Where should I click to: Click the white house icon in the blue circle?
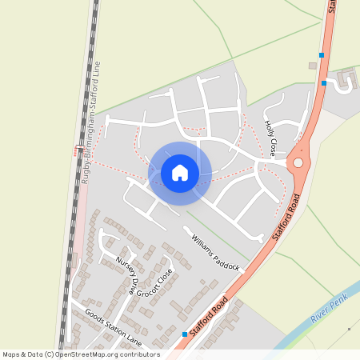(180, 172)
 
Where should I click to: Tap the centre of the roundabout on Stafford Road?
(298, 162)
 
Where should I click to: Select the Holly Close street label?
(270, 137)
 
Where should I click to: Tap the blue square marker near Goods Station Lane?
(185, 334)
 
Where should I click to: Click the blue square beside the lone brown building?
(322, 55)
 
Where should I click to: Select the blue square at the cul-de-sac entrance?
(323, 83)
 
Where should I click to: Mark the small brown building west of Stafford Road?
(313, 66)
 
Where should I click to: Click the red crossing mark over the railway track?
(78, 149)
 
